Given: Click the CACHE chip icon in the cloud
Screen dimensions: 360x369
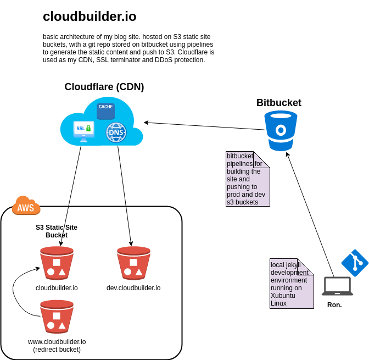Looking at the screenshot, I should [105, 110].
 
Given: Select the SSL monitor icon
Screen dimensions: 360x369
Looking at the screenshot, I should [83, 131].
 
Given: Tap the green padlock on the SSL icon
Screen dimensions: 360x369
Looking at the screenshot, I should [88, 128].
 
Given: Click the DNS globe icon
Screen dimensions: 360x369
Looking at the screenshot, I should [116, 132].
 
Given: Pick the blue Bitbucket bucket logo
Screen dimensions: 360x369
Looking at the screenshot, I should [281, 130].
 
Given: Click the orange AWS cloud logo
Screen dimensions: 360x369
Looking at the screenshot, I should [26, 206].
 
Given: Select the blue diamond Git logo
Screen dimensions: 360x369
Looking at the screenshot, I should [355, 263].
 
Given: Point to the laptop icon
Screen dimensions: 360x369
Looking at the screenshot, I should [337, 286].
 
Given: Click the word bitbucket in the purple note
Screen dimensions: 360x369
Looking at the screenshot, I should [240, 156].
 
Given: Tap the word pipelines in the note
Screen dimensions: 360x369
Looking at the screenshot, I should [240, 164].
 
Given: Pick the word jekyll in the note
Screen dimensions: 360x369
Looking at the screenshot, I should [291, 265].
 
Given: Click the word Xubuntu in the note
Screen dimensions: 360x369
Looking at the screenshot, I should [283, 296].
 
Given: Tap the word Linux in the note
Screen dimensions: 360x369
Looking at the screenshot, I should [278, 303].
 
